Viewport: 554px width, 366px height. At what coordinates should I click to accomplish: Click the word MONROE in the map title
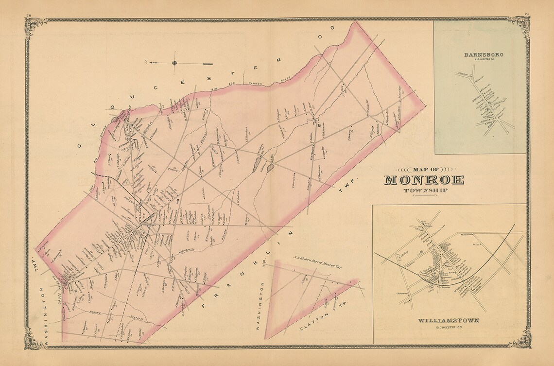point(424,179)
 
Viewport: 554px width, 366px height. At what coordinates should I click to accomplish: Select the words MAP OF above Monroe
point(424,169)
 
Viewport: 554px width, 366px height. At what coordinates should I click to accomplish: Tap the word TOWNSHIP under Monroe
point(424,190)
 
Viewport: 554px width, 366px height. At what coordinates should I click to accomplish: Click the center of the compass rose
point(174,63)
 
